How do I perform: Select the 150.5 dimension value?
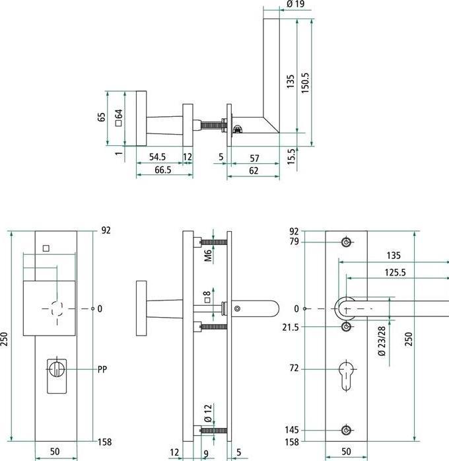(305, 83)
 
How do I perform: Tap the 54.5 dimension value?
(157, 158)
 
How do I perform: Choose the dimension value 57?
(254, 158)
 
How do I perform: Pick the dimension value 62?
(254, 170)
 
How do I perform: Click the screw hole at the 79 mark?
(346, 242)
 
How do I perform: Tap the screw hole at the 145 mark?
(346, 431)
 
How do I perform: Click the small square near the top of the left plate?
(46, 249)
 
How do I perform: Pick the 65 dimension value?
(101, 117)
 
